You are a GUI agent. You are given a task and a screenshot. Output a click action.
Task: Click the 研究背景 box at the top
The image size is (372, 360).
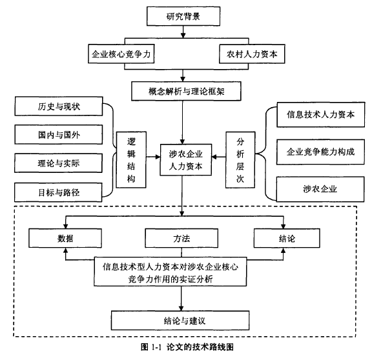click(183, 16)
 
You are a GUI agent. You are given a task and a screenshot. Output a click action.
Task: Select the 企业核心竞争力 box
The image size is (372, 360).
click(121, 54)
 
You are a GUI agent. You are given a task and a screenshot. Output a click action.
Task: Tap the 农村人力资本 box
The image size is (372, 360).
click(252, 54)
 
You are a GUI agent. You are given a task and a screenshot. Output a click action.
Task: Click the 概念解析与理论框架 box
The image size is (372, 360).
click(186, 91)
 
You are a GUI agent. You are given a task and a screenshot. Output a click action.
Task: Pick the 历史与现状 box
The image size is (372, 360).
click(59, 106)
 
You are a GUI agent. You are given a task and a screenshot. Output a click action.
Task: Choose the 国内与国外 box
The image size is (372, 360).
click(59, 135)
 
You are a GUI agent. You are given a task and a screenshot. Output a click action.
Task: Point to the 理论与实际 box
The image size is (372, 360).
click(58, 163)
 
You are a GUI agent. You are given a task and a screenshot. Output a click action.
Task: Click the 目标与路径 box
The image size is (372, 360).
click(58, 192)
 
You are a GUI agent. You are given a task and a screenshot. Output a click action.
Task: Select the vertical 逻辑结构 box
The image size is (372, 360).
click(131, 160)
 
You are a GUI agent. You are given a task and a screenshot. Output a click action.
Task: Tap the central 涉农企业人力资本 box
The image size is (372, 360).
click(186, 160)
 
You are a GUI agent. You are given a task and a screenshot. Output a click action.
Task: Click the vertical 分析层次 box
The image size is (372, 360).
click(240, 160)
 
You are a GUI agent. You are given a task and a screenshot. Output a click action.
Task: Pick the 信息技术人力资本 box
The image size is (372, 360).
click(321, 115)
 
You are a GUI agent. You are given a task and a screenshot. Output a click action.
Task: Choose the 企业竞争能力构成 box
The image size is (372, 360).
click(320, 152)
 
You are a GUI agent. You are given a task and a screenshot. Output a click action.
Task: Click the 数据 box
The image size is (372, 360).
click(65, 238)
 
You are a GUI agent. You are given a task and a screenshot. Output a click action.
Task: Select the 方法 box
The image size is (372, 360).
click(181, 238)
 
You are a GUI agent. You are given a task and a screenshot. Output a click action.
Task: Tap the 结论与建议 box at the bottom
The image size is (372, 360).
click(180, 321)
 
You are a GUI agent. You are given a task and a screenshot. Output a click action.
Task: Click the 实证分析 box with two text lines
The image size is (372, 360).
click(170, 272)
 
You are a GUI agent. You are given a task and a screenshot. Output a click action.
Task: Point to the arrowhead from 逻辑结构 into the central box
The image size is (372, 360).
click(158, 157)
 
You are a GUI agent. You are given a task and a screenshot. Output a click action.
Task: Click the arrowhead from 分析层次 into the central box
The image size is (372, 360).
click(214, 157)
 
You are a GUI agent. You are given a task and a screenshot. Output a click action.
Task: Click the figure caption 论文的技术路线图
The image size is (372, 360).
click(200, 347)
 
